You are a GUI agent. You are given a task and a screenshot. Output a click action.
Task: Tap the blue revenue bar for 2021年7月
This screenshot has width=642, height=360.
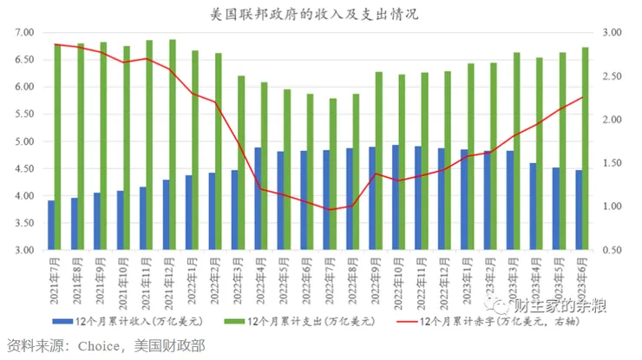tap(51, 226)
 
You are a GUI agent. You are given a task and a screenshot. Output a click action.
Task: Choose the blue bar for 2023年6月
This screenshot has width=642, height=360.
tap(579, 210)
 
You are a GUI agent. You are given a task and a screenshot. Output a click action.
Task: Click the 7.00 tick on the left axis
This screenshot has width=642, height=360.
tap(24, 32)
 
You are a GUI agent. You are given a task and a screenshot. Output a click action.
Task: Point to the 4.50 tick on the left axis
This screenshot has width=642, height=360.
tap(24, 168)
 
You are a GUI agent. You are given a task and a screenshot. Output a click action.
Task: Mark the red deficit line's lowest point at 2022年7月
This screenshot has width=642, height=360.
tap(328, 209)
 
